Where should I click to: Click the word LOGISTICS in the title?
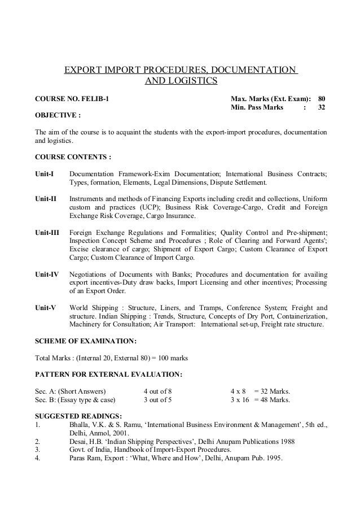(191, 82)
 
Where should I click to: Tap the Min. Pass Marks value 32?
(322, 107)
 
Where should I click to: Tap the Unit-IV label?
(47, 273)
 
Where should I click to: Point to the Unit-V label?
(46, 307)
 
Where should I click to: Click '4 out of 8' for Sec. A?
(158, 391)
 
